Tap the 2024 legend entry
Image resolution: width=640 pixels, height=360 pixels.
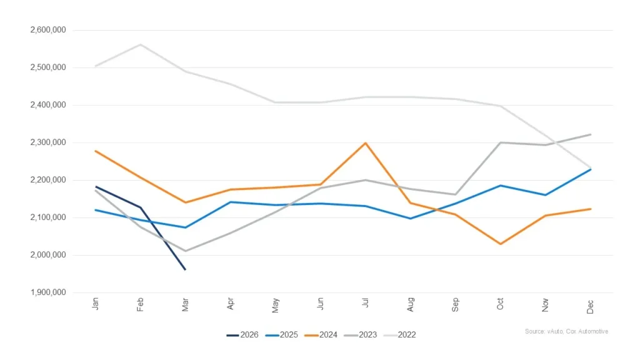tap(321, 335)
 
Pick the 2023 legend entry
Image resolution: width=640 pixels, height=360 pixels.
tap(359, 335)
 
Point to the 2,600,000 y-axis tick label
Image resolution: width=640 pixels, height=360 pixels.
tap(49, 30)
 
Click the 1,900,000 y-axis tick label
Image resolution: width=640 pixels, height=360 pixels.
tap(49, 292)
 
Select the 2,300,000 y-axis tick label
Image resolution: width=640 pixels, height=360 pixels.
tap(49, 142)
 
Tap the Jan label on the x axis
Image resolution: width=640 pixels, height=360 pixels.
tap(96, 304)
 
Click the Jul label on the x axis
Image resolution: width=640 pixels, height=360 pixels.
tap(366, 304)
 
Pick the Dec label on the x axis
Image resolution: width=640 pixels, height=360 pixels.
tap(591, 305)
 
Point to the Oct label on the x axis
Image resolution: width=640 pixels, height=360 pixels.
tap(501, 304)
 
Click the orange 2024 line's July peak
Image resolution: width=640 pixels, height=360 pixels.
tap(366, 143)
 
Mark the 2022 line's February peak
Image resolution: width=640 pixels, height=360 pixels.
tap(141, 44)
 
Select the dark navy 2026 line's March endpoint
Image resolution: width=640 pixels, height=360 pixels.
tap(186, 269)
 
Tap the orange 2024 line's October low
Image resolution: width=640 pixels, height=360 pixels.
tap(501, 244)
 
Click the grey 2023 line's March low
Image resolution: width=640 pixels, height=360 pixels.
tap(186, 251)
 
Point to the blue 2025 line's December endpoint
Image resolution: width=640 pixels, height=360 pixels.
tap(591, 169)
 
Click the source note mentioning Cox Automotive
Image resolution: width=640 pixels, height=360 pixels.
tap(566, 331)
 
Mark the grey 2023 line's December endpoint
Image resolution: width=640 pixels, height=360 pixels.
tap(591, 134)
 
